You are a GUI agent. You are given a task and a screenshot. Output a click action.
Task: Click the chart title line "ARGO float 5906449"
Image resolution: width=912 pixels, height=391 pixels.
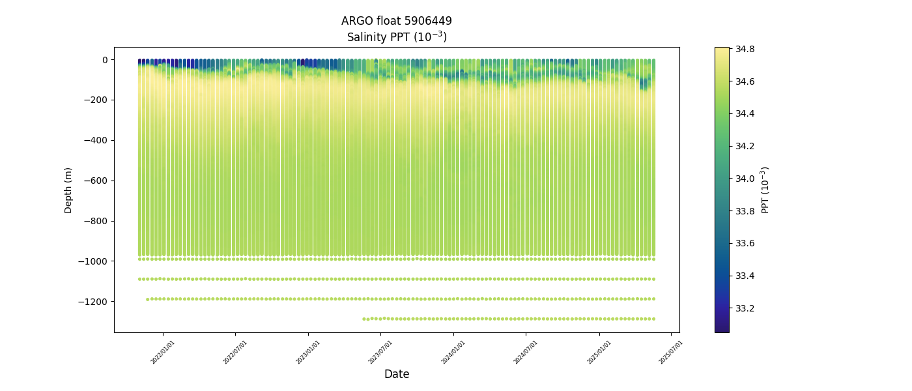point(396,21)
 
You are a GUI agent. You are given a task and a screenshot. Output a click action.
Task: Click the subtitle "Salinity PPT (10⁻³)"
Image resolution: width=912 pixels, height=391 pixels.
point(396,37)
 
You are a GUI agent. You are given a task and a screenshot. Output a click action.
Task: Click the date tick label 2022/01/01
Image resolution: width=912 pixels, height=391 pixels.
point(164,352)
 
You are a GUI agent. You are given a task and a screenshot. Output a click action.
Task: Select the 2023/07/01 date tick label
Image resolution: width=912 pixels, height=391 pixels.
point(381,352)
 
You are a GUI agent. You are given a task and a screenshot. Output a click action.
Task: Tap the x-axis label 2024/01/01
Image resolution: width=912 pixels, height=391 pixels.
point(454,352)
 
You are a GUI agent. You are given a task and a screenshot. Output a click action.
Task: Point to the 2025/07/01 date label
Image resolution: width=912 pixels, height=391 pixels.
point(672,352)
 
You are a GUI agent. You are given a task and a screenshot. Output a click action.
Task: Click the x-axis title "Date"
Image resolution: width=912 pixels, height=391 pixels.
point(396,375)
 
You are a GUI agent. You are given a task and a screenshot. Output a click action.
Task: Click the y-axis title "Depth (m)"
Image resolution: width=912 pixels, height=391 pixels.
point(68,190)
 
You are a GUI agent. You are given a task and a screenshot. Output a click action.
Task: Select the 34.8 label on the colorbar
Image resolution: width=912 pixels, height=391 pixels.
point(745,49)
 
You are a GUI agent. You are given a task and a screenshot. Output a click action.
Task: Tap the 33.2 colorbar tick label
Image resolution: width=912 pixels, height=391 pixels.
point(745,308)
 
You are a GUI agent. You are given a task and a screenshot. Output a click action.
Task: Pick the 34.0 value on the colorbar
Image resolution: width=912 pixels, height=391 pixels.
point(745,179)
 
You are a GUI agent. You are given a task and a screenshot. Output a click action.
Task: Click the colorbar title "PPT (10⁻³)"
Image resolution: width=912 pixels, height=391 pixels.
point(765,190)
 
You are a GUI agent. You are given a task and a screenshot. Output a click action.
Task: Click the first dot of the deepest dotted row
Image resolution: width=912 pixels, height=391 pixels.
point(363,319)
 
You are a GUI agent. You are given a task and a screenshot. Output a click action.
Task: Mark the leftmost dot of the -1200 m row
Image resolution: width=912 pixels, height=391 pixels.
point(147,299)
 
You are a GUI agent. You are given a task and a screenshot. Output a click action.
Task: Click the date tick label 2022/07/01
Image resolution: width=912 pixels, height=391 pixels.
point(236,352)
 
